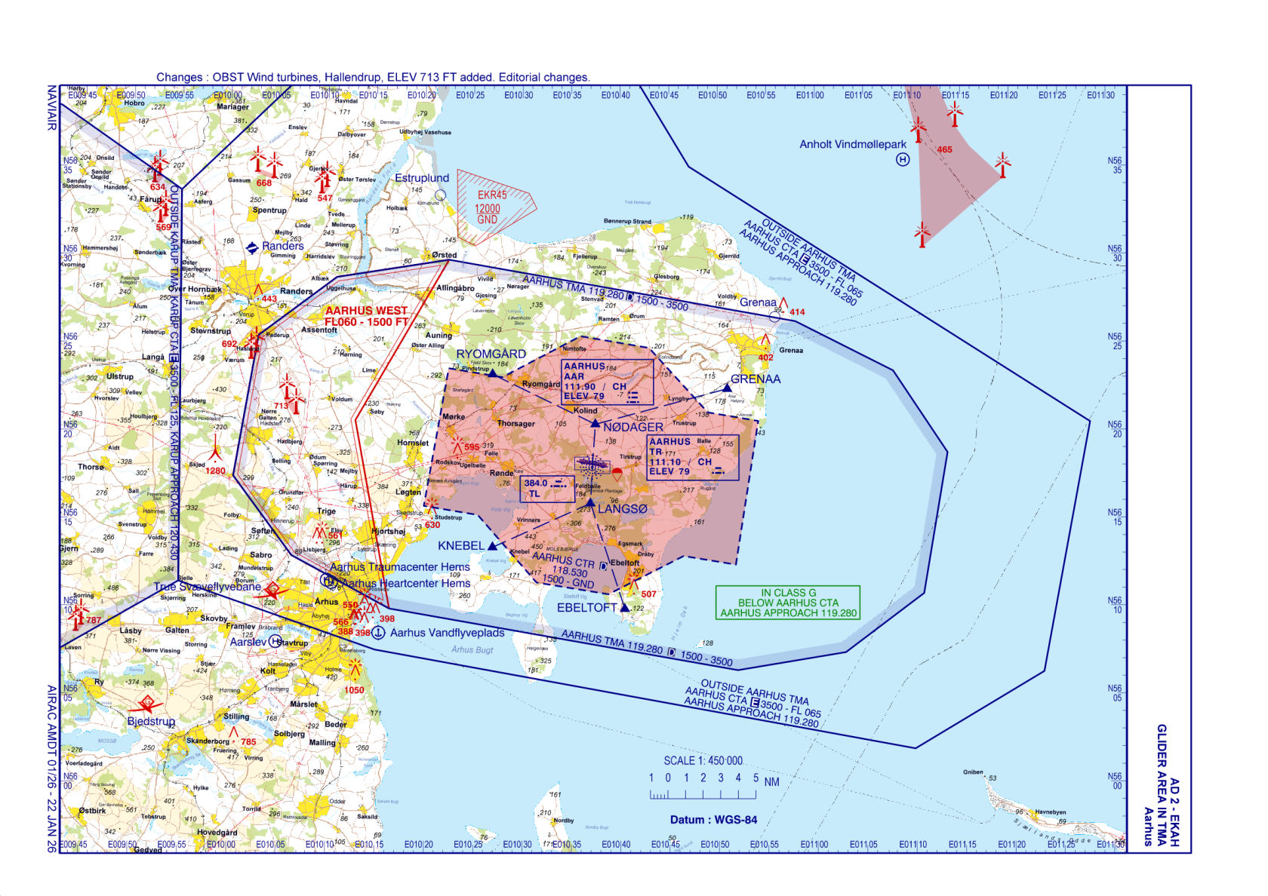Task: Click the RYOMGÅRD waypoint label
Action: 491,354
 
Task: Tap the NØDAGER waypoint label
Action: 632,427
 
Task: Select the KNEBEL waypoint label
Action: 460,545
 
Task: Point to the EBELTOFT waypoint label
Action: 586,608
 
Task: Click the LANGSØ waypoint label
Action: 622,509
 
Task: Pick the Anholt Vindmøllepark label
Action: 853,144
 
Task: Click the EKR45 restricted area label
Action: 491,195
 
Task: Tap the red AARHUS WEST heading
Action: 366,311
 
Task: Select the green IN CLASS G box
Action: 788,603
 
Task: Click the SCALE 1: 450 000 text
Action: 703,760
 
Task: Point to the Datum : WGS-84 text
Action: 713,820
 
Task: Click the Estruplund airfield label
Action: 422,178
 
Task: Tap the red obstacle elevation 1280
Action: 216,471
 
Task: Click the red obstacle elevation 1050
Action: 354,690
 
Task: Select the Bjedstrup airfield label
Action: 151,721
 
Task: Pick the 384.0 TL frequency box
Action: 546,489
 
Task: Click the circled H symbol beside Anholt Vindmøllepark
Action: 902,159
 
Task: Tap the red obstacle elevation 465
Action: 944,149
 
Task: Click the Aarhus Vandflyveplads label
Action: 447,633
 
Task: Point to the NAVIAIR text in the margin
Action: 52,107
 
